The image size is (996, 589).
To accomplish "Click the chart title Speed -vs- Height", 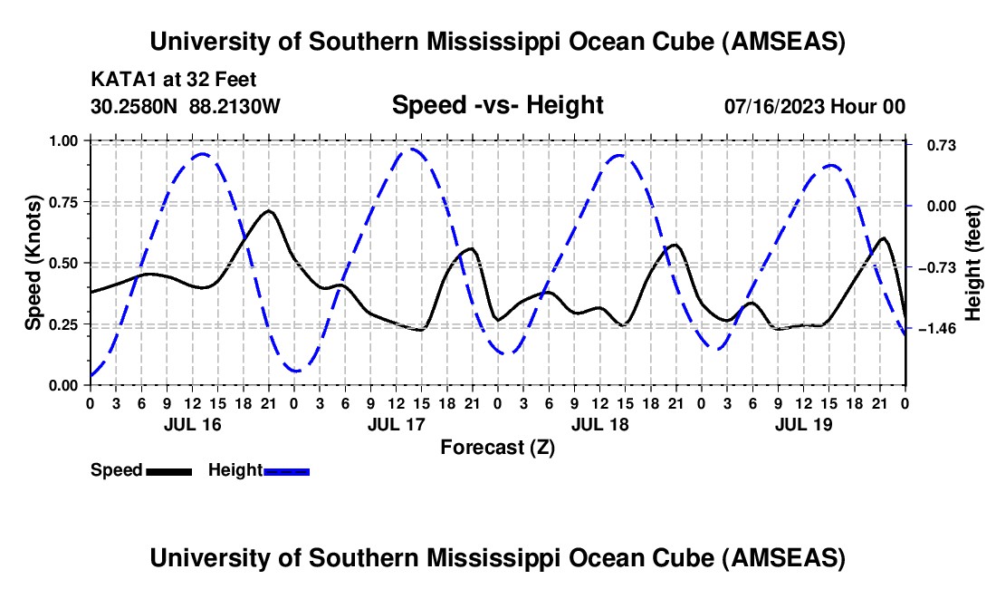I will click(497, 105).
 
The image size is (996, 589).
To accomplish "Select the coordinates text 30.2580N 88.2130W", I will click(186, 106).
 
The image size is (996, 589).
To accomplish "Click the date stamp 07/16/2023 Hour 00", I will click(815, 106).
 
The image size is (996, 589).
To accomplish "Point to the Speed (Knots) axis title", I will click(34, 262).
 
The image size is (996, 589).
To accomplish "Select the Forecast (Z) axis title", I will click(497, 447).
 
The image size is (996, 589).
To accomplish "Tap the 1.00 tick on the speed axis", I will click(63, 141).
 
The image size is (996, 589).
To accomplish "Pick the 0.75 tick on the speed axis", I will click(63, 202).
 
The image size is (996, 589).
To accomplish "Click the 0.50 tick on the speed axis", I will click(63, 263).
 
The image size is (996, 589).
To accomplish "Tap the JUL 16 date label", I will click(191, 424).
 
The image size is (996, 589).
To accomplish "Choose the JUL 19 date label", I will click(802, 424).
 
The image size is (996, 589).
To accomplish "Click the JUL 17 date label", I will click(395, 424).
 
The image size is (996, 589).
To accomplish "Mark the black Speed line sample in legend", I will click(168, 471).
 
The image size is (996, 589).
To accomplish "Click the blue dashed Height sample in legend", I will click(286, 471).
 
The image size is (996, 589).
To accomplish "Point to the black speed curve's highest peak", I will click(268, 211).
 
